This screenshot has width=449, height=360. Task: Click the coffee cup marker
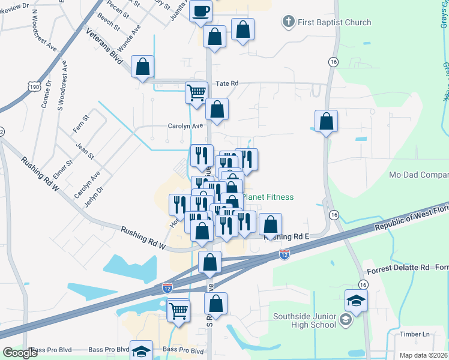(201, 10)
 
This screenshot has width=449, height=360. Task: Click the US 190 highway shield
(34, 87)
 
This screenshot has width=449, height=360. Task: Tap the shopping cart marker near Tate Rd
(196, 93)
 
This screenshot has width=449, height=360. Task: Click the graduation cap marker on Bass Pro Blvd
(142, 351)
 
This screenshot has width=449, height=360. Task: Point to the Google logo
(20, 353)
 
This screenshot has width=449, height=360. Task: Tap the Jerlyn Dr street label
(94, 196)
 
